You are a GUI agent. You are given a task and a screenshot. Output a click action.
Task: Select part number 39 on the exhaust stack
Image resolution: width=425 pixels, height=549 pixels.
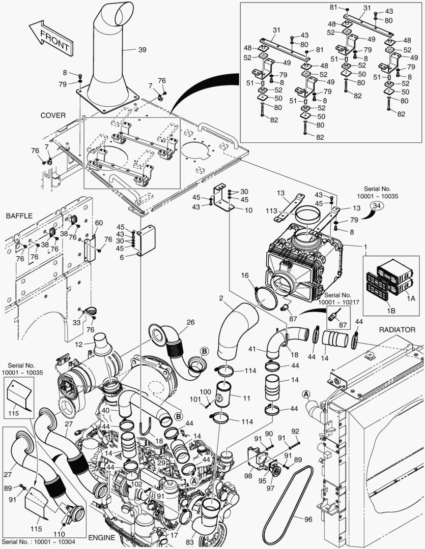coord(142,49)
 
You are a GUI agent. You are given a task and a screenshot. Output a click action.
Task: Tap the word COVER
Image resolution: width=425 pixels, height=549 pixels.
coord(53,115)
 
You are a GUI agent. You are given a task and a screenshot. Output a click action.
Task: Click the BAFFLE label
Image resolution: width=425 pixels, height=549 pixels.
coord(19,216)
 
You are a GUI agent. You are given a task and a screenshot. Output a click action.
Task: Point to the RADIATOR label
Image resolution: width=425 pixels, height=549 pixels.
coord(397,330)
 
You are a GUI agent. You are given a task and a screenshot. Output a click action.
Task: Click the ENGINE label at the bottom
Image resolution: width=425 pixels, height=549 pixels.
coord(102,538)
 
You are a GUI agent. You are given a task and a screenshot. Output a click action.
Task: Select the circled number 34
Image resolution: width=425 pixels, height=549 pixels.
coord(376,206)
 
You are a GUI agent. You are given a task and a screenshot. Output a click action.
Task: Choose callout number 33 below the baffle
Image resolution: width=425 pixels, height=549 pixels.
coord(76,322)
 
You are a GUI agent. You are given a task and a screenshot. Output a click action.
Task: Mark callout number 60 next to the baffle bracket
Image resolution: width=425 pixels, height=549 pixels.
coord(99,223)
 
